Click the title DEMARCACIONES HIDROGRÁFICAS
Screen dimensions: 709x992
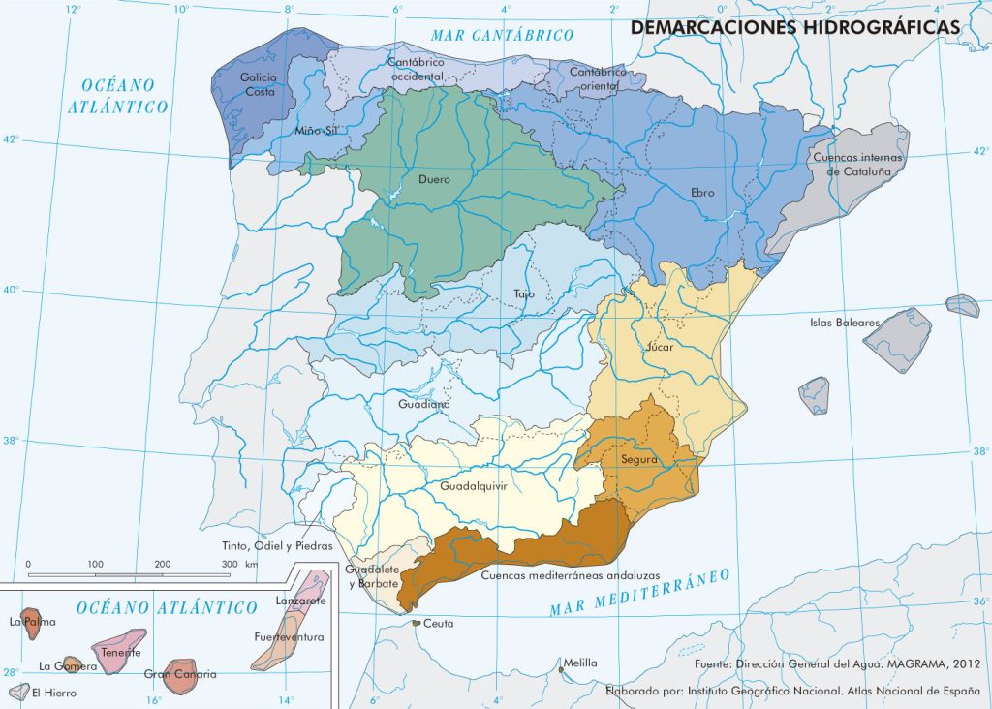coord(795,27)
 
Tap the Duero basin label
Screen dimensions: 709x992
coord(434,179)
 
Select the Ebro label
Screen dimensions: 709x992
coord(702,193)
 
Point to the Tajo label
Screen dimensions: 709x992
coord(523,293)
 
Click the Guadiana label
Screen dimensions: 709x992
coord(423,404)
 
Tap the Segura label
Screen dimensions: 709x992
coord(639,459)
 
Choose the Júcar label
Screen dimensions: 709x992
coord(659,346)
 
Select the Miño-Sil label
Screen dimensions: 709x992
coord(318,131)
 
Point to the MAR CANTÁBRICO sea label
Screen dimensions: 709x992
coord(503,35)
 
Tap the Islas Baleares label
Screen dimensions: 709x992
coord(845,323)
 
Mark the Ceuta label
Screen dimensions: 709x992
coord(439,623)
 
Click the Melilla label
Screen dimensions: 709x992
coord(581,663)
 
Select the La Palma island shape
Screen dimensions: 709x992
coord(35,626)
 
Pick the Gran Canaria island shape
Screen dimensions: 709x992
coord(179,677)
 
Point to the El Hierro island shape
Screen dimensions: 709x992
coord(16,692)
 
